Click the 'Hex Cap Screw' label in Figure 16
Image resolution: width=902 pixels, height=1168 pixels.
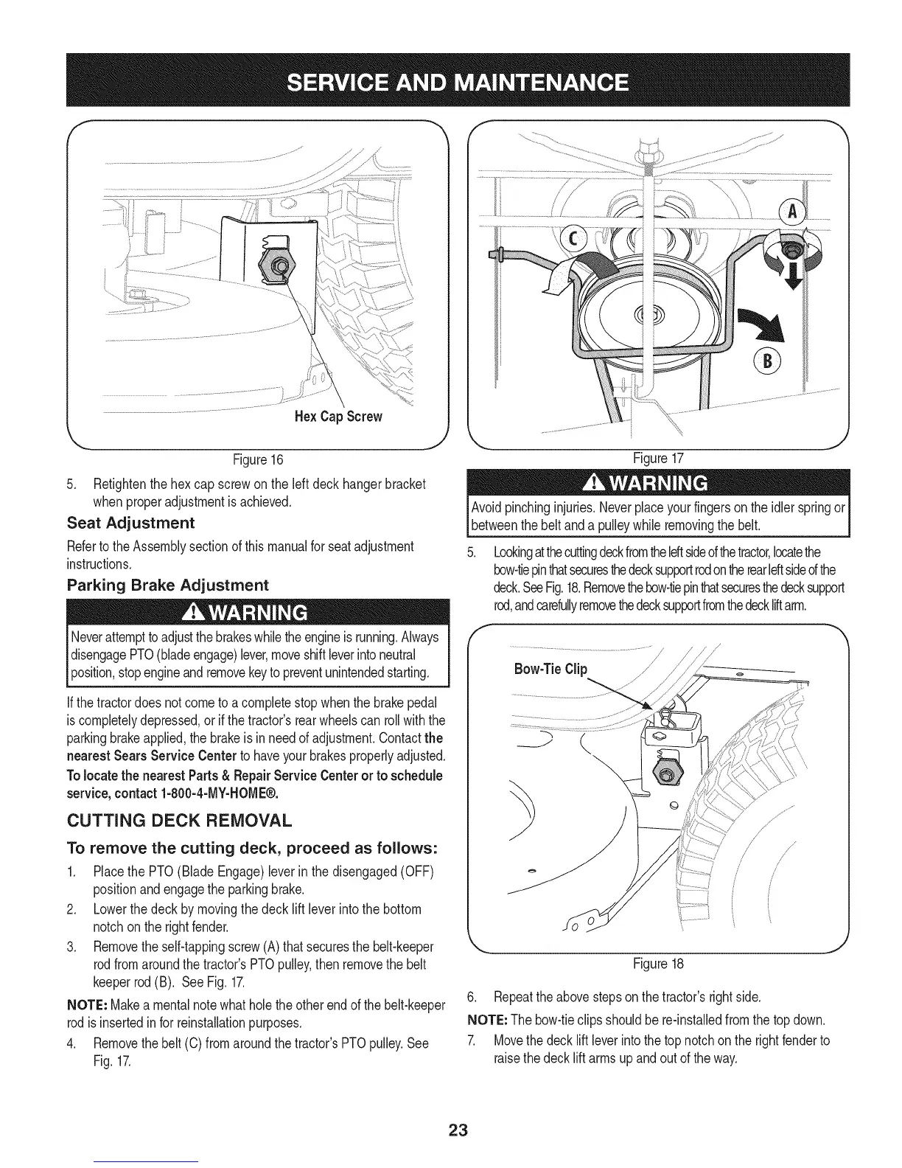[338, 417]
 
